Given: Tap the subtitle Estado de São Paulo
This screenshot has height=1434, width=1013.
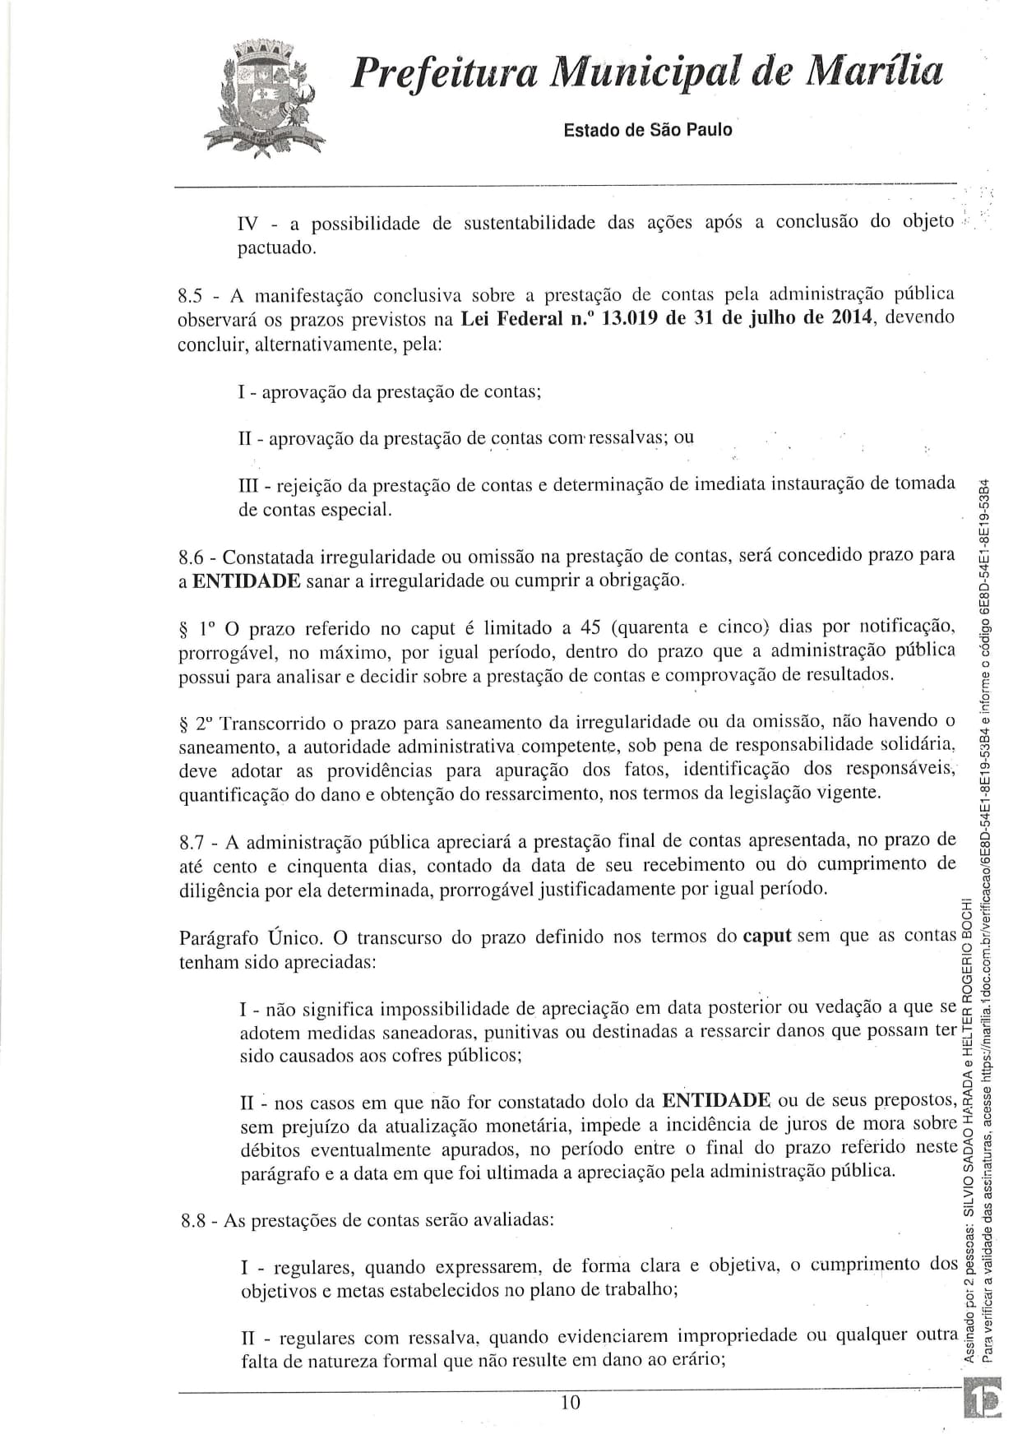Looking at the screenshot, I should coord(647,130).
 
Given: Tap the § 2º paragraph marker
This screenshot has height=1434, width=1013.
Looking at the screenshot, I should coord(197,724).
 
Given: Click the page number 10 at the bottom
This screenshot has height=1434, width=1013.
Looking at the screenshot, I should coord(569,1402).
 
